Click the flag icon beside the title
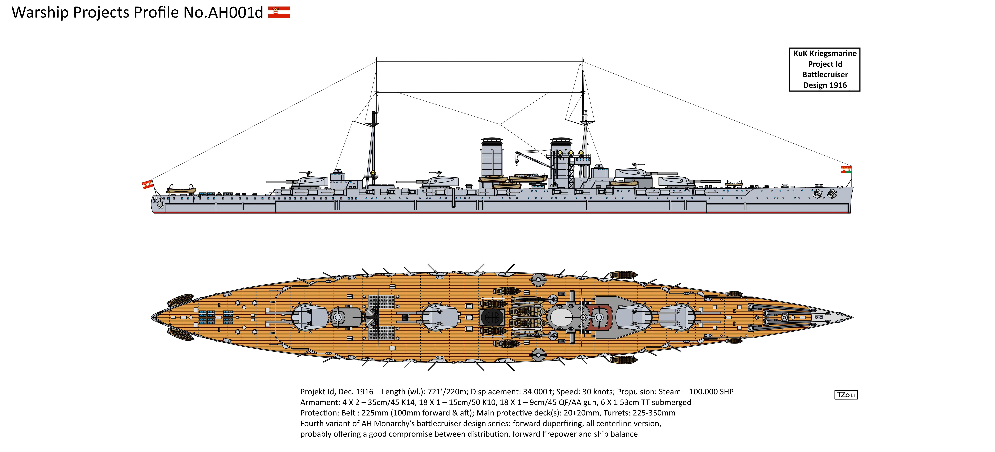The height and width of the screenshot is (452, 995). pyautogui.click(x=279, y=12)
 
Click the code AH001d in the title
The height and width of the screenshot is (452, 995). pyautogui.click(x=236, y=12)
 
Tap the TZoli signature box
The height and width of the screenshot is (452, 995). pyautogui.click(x=846, y=395)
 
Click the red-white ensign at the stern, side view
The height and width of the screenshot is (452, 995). pyautogui.click(x=148, y=184)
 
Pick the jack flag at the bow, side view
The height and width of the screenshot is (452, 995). pyautogui.click(x=846, y=169)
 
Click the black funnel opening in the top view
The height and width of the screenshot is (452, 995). pyautogui.click(x=492, y=317)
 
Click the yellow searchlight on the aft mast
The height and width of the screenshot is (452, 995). pyautogui.click(x=373, y=172)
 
